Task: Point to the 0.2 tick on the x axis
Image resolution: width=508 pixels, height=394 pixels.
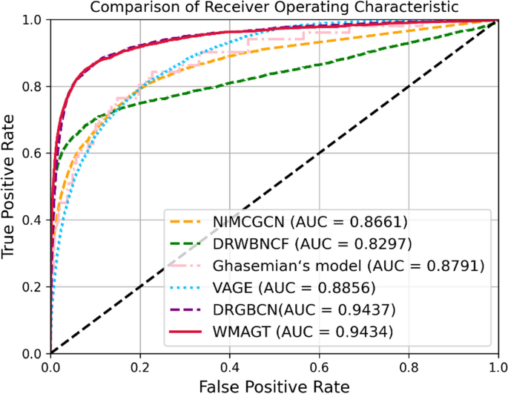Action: click(x=139, y=364)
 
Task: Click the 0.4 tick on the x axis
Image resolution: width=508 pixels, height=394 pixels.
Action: click(x=229, y=364)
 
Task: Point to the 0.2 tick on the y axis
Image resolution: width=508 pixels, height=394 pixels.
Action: click(x=33, y=286)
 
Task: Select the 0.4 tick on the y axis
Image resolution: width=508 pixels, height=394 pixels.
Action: click(x=33, y=220)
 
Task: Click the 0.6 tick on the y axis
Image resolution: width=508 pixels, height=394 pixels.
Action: click(x=33, y=154)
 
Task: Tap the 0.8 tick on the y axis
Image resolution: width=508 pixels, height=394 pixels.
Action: click(x=33, y=87)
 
